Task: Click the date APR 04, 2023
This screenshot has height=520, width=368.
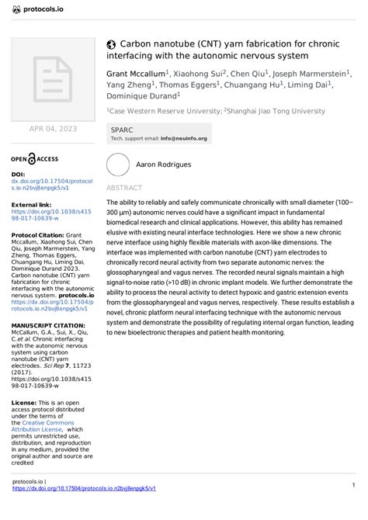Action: click(x=53, y=128)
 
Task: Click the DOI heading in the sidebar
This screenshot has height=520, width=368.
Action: click(x=18, y=175)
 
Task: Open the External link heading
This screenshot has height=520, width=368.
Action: click(x=31, y=204)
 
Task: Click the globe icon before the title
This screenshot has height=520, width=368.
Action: click(x=111, y=44)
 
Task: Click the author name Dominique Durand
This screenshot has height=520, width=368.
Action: click(x=141, y=96)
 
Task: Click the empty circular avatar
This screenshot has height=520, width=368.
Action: click(x=119, y=165)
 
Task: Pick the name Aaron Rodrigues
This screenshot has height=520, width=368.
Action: click(x=163, y=165)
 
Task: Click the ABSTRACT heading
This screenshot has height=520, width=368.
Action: click(x=124, y=189)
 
